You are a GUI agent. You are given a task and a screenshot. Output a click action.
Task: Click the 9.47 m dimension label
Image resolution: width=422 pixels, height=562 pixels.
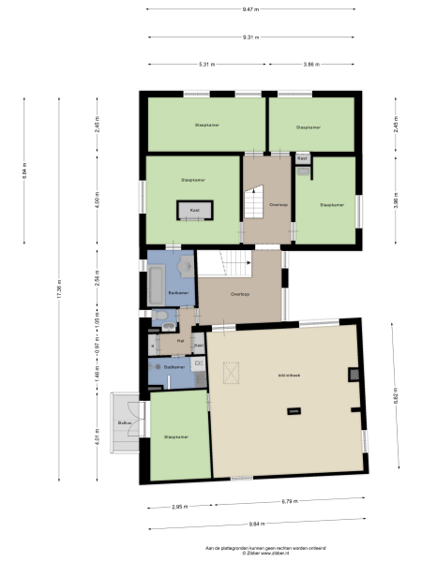click(x=250, y=9)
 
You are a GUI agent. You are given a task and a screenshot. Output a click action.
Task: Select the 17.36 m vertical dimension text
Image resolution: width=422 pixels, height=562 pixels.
click(x=58, y=288)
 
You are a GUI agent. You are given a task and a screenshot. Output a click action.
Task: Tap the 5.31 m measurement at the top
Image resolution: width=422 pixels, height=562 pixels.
click(x=207, y=65)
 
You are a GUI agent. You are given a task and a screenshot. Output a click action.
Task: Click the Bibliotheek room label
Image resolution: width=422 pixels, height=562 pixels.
click(x=287, y=376)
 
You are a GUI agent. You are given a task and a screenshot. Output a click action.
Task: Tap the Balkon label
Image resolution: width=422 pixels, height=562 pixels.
click(x=124, y=424)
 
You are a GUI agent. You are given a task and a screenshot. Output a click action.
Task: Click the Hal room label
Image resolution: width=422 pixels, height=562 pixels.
click(x=180, y=341)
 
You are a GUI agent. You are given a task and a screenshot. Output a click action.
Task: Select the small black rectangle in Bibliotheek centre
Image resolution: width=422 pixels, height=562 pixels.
click(x=294, y=409)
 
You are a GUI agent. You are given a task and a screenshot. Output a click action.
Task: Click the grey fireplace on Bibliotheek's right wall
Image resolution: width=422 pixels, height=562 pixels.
click(x=352, y=375)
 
